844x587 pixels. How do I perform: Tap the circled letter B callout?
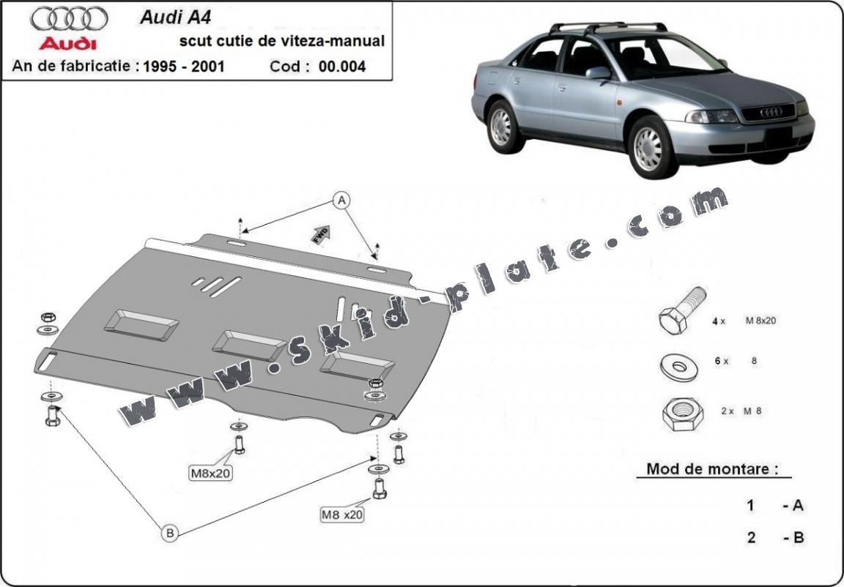[x=170, y=534]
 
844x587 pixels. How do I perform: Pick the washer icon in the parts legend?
[x=679, y=367]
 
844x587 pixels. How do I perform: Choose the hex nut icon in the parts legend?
[x=682, y=414]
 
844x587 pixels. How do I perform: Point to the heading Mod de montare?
[x=711, y=469]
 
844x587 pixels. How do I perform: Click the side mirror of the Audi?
[x=597, y=72]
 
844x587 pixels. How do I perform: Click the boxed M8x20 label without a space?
[x=211, y=474]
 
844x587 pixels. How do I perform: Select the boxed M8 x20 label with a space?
[x=341, y=515]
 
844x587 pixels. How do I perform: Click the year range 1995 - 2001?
[x=184, y=67]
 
